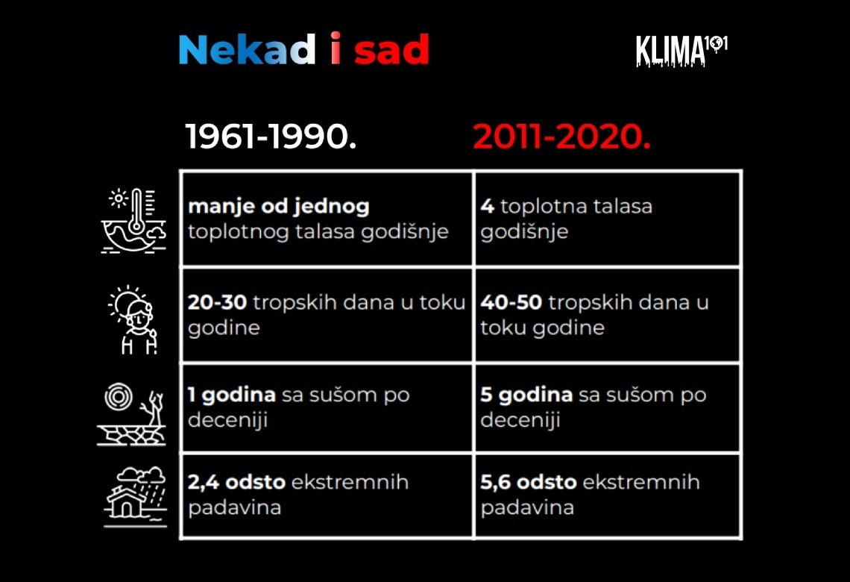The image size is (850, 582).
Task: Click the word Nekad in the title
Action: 248,49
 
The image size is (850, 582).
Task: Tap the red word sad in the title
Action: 391,49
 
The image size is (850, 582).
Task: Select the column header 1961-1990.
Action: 271,136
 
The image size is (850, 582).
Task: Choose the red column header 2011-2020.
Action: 561,136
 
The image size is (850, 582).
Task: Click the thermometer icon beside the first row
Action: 133,221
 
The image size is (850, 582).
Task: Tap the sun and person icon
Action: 133,319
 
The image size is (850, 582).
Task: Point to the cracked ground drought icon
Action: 131,414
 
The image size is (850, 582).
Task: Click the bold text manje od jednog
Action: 279,207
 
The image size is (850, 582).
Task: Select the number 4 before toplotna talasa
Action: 488,206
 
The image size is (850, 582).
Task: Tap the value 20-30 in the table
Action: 217,302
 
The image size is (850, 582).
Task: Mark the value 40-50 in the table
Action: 511,302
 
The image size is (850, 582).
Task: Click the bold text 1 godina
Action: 231,395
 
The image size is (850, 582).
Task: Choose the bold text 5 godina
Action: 526,395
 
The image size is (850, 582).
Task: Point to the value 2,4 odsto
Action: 236,482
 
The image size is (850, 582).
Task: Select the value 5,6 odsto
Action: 529,482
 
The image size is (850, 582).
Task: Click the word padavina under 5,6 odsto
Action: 527,508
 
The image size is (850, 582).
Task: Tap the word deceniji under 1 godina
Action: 227,420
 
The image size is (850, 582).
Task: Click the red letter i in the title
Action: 336,48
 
